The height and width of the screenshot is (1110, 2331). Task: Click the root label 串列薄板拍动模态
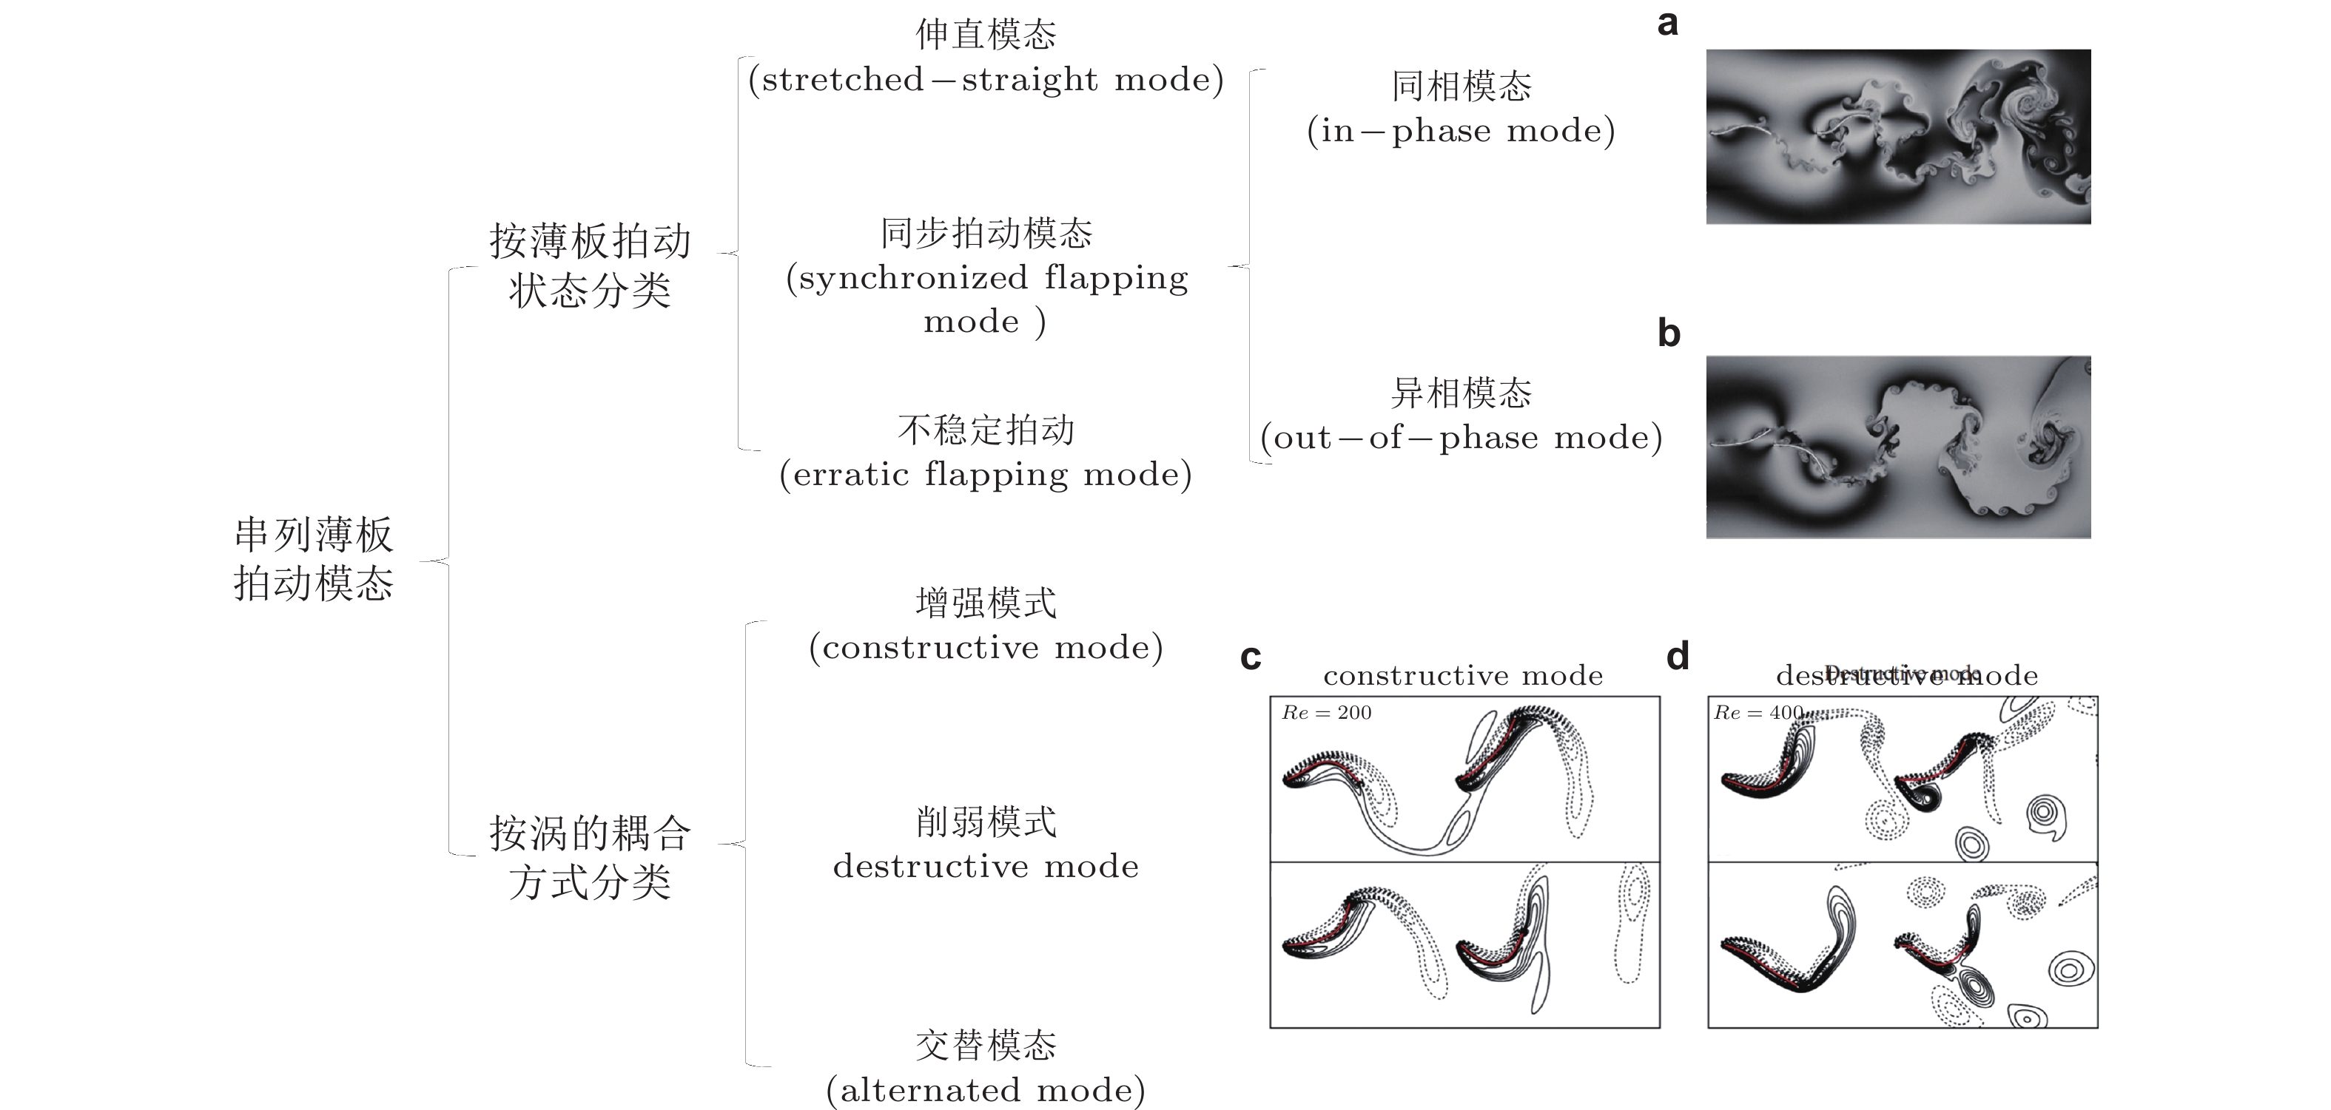coord(313,559)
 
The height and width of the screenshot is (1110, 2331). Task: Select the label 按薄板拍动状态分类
coord(590,265)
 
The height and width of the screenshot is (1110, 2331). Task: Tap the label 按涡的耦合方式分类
coord(590,856)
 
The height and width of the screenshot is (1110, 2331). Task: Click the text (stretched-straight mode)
coord(986,80)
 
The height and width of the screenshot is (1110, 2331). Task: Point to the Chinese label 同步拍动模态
coord(986,234)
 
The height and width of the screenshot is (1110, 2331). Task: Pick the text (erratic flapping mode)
coord(986,474)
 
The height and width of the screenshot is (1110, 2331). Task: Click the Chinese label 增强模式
coord(986,603)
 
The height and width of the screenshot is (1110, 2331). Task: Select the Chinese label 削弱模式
coord(986,822)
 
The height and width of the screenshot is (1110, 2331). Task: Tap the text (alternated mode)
coord(986,1090)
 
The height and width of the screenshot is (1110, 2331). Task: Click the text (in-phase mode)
coord(1461,131)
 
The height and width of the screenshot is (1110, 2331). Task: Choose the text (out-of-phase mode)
coord(1461,438)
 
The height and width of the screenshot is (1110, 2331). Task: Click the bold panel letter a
coord(1666,24)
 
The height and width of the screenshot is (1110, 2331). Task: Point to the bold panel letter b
coord(1669,334)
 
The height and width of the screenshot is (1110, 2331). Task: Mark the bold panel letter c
coord(1251,657)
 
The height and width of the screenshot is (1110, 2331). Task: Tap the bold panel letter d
coord(1678,656)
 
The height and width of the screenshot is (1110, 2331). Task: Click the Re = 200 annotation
coord(1327,713)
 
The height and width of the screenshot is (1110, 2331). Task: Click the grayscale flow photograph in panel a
coord(1897,137)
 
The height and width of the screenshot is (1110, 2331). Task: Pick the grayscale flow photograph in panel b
coord(1897,447)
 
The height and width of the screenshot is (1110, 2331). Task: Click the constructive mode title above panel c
coord(1462,676)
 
